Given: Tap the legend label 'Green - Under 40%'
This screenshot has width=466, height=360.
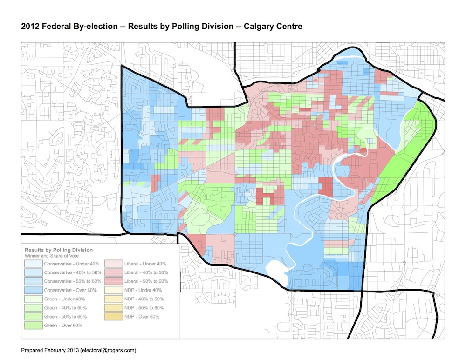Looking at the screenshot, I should [63, 299].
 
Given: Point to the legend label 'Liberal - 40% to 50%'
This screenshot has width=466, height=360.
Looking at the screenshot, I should [146, 272].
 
